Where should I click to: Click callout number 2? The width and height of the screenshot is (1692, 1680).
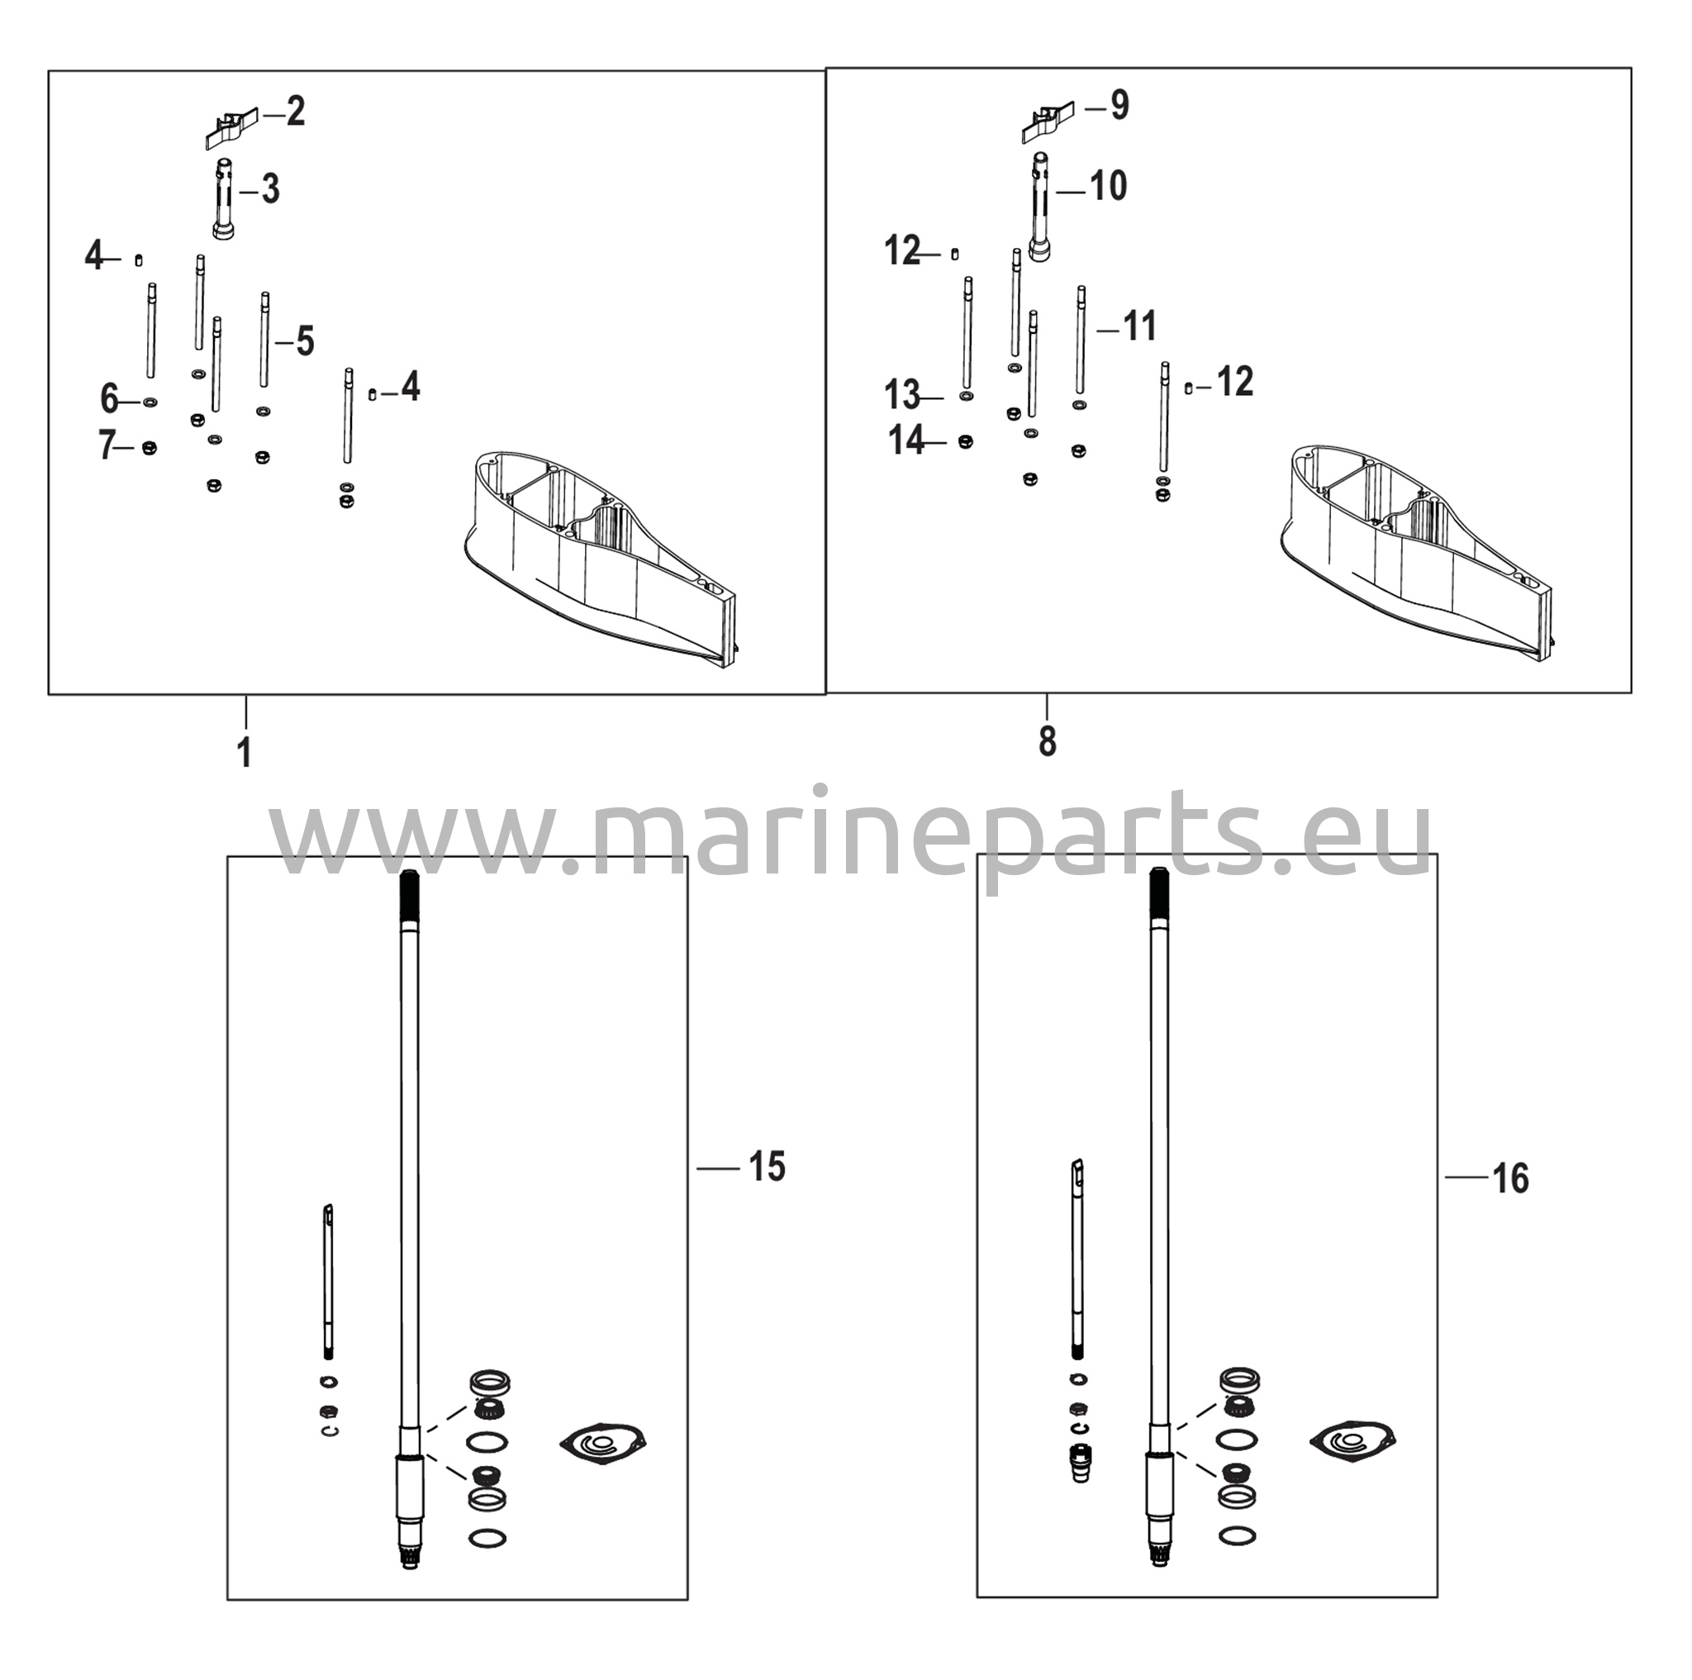pyautogui.click(x=296, y=112)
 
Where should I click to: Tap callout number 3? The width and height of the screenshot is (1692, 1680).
pyautogui.click(x=271, y=189)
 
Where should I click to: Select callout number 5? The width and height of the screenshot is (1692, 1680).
pyautogui.click(x=304, y=341)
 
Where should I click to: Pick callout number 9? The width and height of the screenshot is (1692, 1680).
pyautogui.click(x=1120, y=106)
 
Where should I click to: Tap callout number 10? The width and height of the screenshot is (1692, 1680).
pyautogui.click(x=1108, y=186)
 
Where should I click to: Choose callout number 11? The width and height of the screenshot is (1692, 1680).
pyautogui.click(x=1139, y=326)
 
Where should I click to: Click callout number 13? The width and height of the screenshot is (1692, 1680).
pyautogui.click(x=902, y=395)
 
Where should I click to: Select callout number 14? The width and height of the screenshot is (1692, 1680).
pyautogui.click(x=907, y=440)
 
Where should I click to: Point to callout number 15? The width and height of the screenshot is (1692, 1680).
pyautogui.click(x=768, y=1168)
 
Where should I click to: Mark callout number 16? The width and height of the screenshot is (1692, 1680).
pyautogui.click(x=1511, y=1179)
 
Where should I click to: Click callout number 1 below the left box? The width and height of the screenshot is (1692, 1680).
pyautogui.click(x=245, y=754)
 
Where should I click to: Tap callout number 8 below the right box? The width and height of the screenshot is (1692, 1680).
pyautogui.click(x=1048, y=742)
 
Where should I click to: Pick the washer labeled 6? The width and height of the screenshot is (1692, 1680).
pyautogui.click(x=150, y=402)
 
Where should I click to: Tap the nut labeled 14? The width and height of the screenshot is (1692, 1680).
pyautogui.click(x=966, y=442)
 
